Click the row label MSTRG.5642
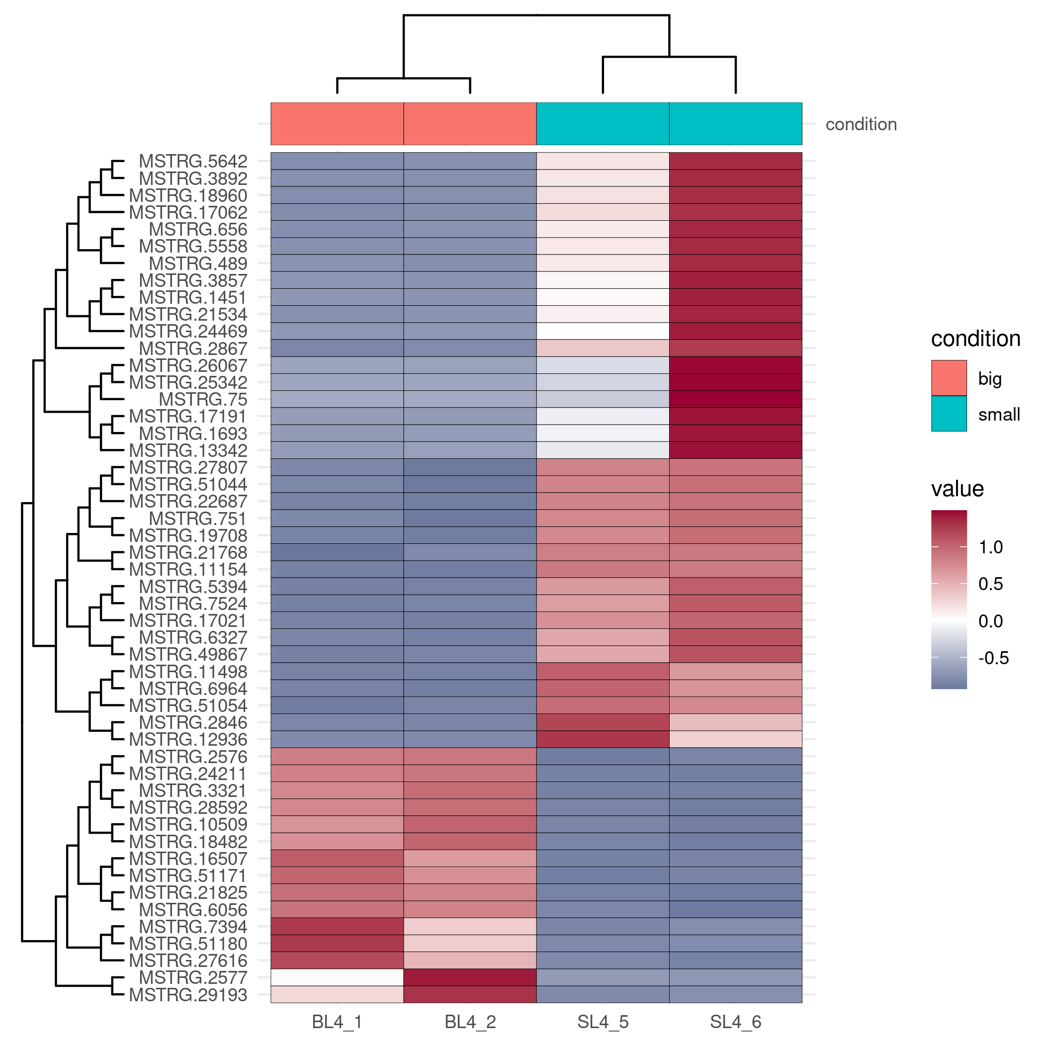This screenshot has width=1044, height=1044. click(193, 161)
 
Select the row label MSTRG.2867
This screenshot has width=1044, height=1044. click(193, 348)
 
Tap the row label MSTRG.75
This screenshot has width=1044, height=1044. click(203, 399)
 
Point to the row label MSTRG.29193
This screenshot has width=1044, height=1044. click(188, 995)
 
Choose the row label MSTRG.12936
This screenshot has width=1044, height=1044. click(188, 739)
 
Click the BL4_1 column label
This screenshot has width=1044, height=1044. click(337, 1022)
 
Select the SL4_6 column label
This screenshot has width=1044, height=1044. click(735, 1022)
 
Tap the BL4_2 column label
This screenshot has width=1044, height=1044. click(470, 1022)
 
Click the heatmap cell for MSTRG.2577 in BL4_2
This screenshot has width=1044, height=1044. click(470, 977)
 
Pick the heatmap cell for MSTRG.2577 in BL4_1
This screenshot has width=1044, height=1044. click(337, 977)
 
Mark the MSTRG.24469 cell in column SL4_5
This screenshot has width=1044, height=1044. click(603, 331)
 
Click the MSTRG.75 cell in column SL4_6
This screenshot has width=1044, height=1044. click(735, 399)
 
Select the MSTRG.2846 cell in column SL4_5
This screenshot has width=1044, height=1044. click(603, 722)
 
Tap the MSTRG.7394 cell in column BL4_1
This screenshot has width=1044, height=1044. click(337, 927)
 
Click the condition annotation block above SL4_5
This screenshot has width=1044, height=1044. click(603, 124)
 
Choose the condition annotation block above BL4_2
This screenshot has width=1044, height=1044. click(470, 124)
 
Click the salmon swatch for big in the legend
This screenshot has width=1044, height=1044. click(949, 378)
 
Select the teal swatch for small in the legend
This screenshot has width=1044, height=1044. click(949, 414)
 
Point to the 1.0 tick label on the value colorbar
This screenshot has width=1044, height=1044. click(990, 547)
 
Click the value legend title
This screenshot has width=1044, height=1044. click(957, 489)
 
